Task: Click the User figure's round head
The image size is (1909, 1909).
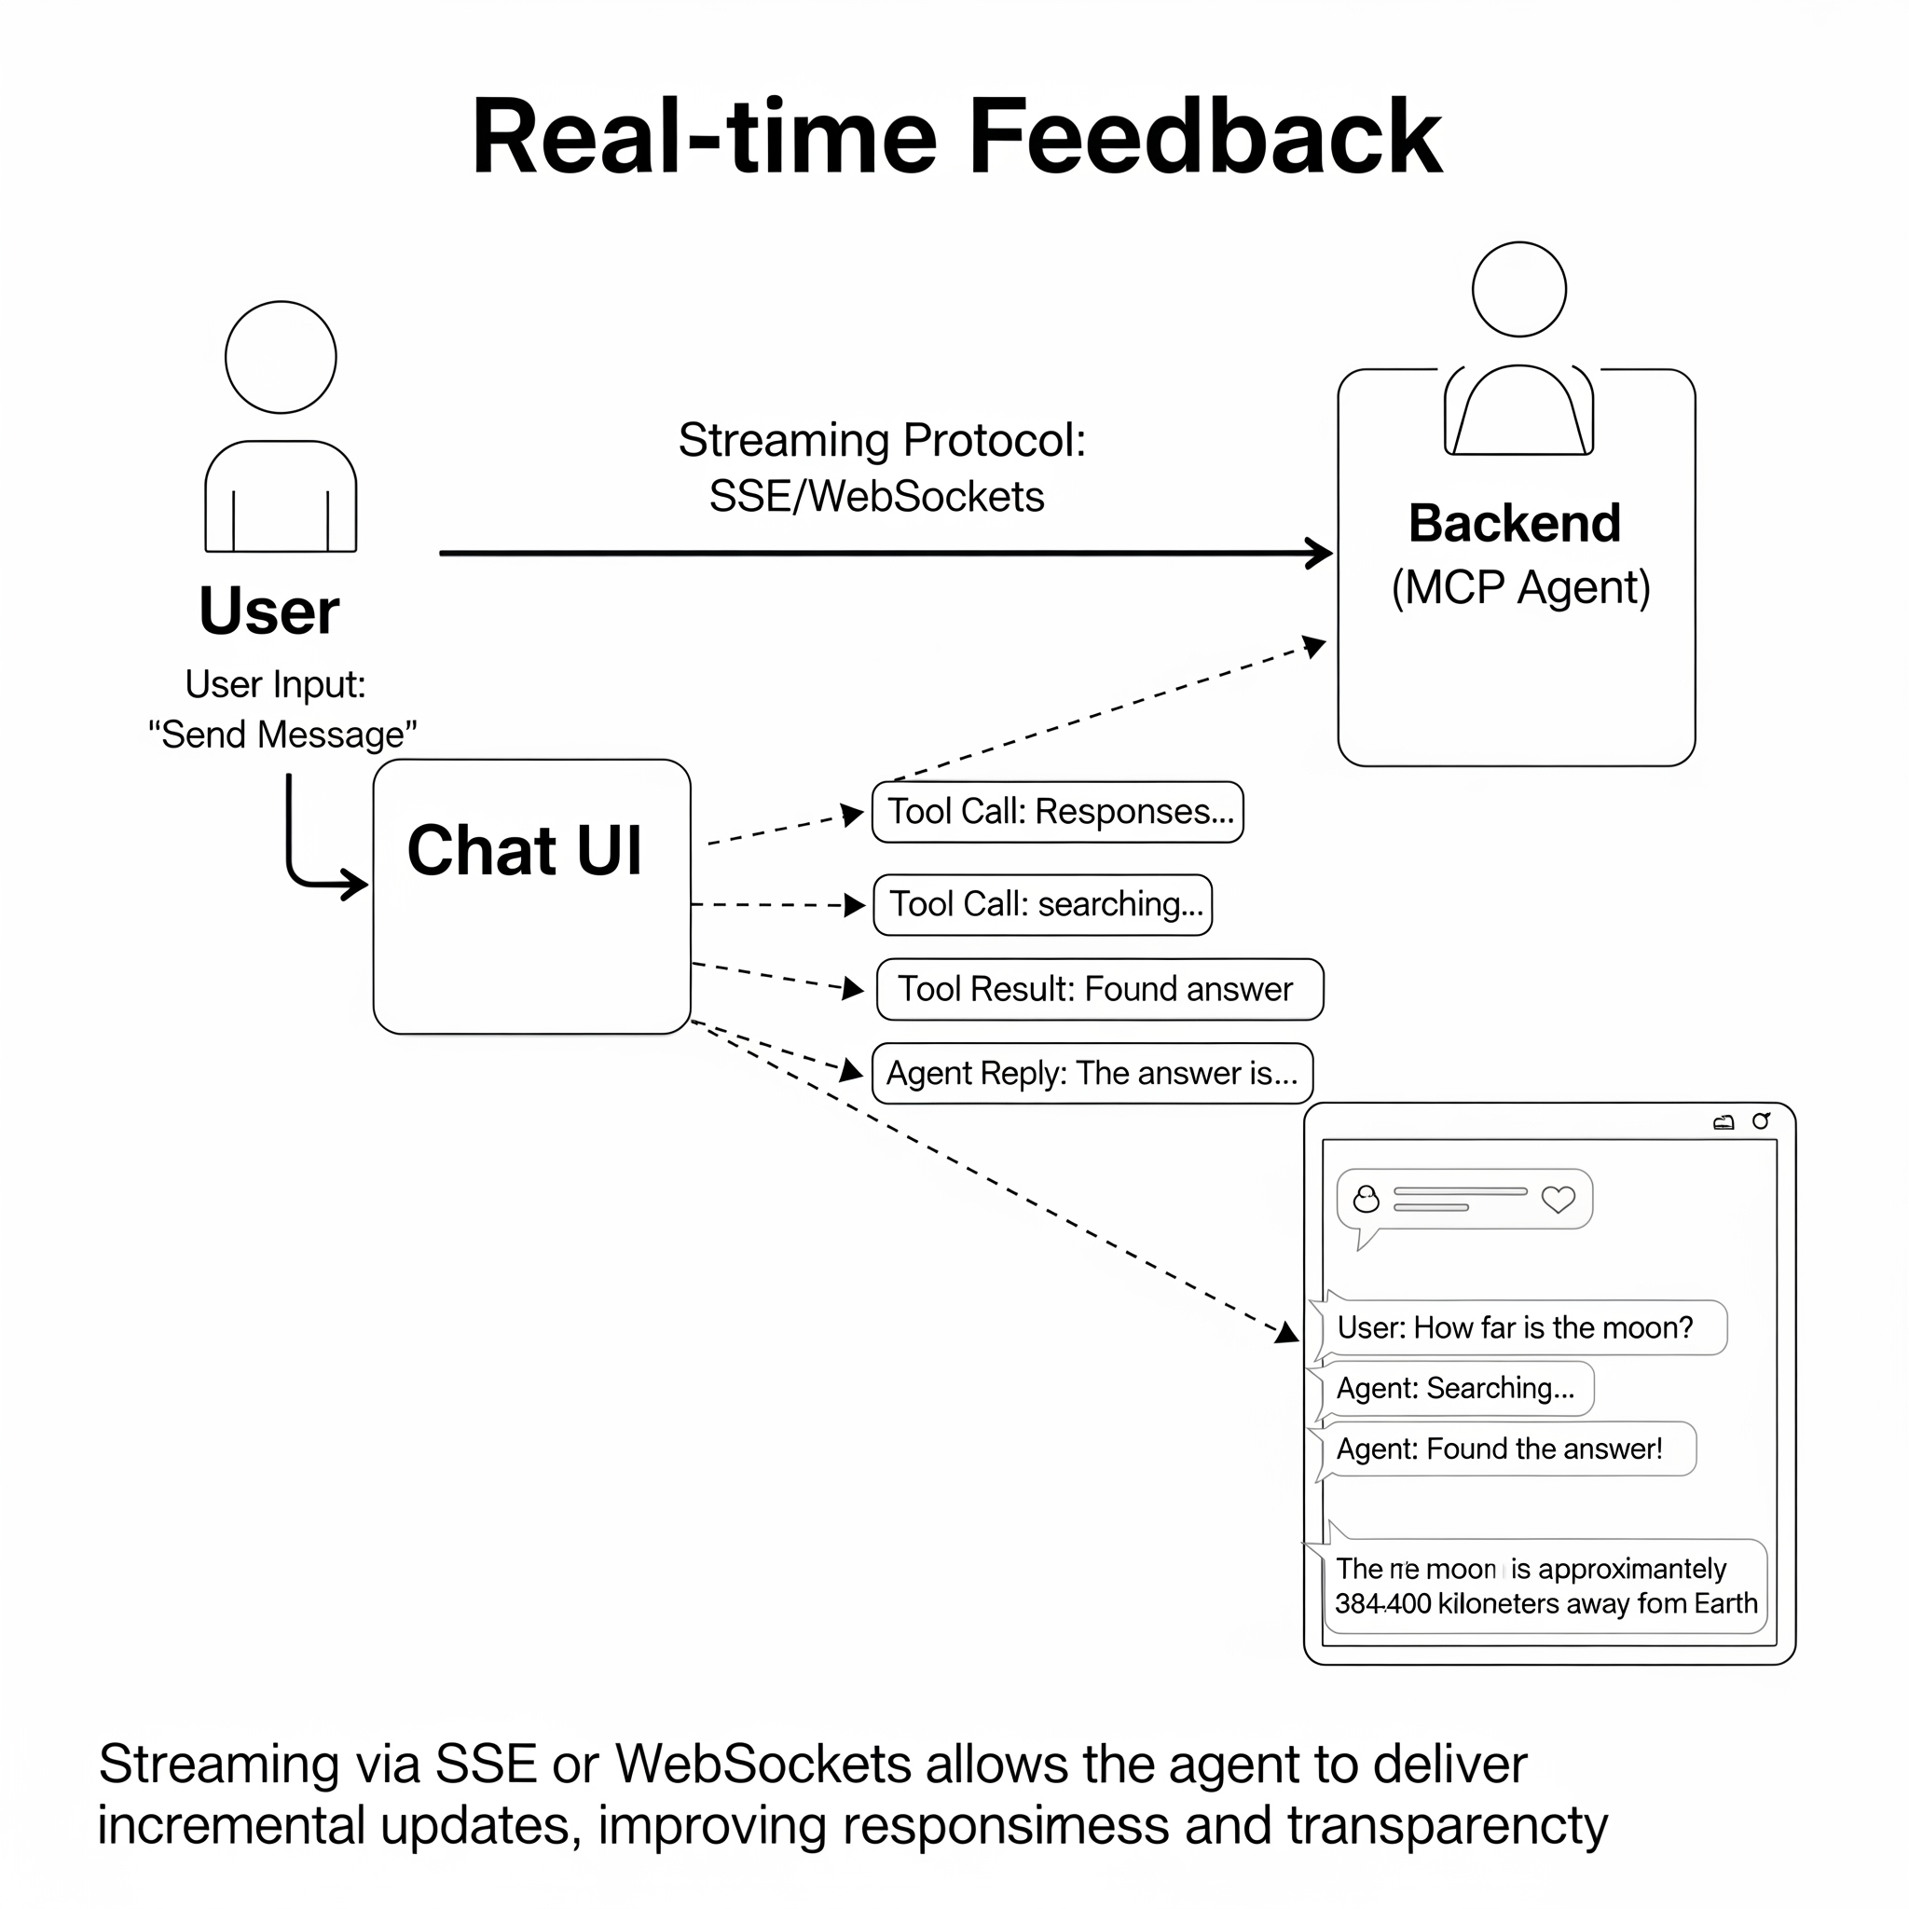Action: [x=281, y=357]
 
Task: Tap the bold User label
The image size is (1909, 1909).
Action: [x=268, y=611]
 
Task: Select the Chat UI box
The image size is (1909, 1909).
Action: [x=531, y=896]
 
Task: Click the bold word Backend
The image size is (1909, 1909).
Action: [x=1515, y=523]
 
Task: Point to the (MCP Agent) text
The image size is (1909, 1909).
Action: [x=1520, y=587]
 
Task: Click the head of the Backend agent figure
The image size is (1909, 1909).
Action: [x=1518, y=290]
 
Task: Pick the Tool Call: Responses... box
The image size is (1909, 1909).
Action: [x=1057, y=812]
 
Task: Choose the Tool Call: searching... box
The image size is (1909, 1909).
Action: [x=1042, y=904]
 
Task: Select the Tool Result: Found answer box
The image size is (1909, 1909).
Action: [x=1099, y=989]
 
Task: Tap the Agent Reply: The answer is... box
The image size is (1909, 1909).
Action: [x=1092, y=1073]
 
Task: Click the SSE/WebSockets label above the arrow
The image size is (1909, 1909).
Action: [x=876, y=496]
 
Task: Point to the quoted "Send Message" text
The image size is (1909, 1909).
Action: [x=282, y=735]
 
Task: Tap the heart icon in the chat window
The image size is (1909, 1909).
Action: [x=1559, y=1199]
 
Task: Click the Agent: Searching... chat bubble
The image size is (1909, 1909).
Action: [x=1455, y=1388]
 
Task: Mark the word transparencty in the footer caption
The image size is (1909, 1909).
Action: [x=1447, y=1825]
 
